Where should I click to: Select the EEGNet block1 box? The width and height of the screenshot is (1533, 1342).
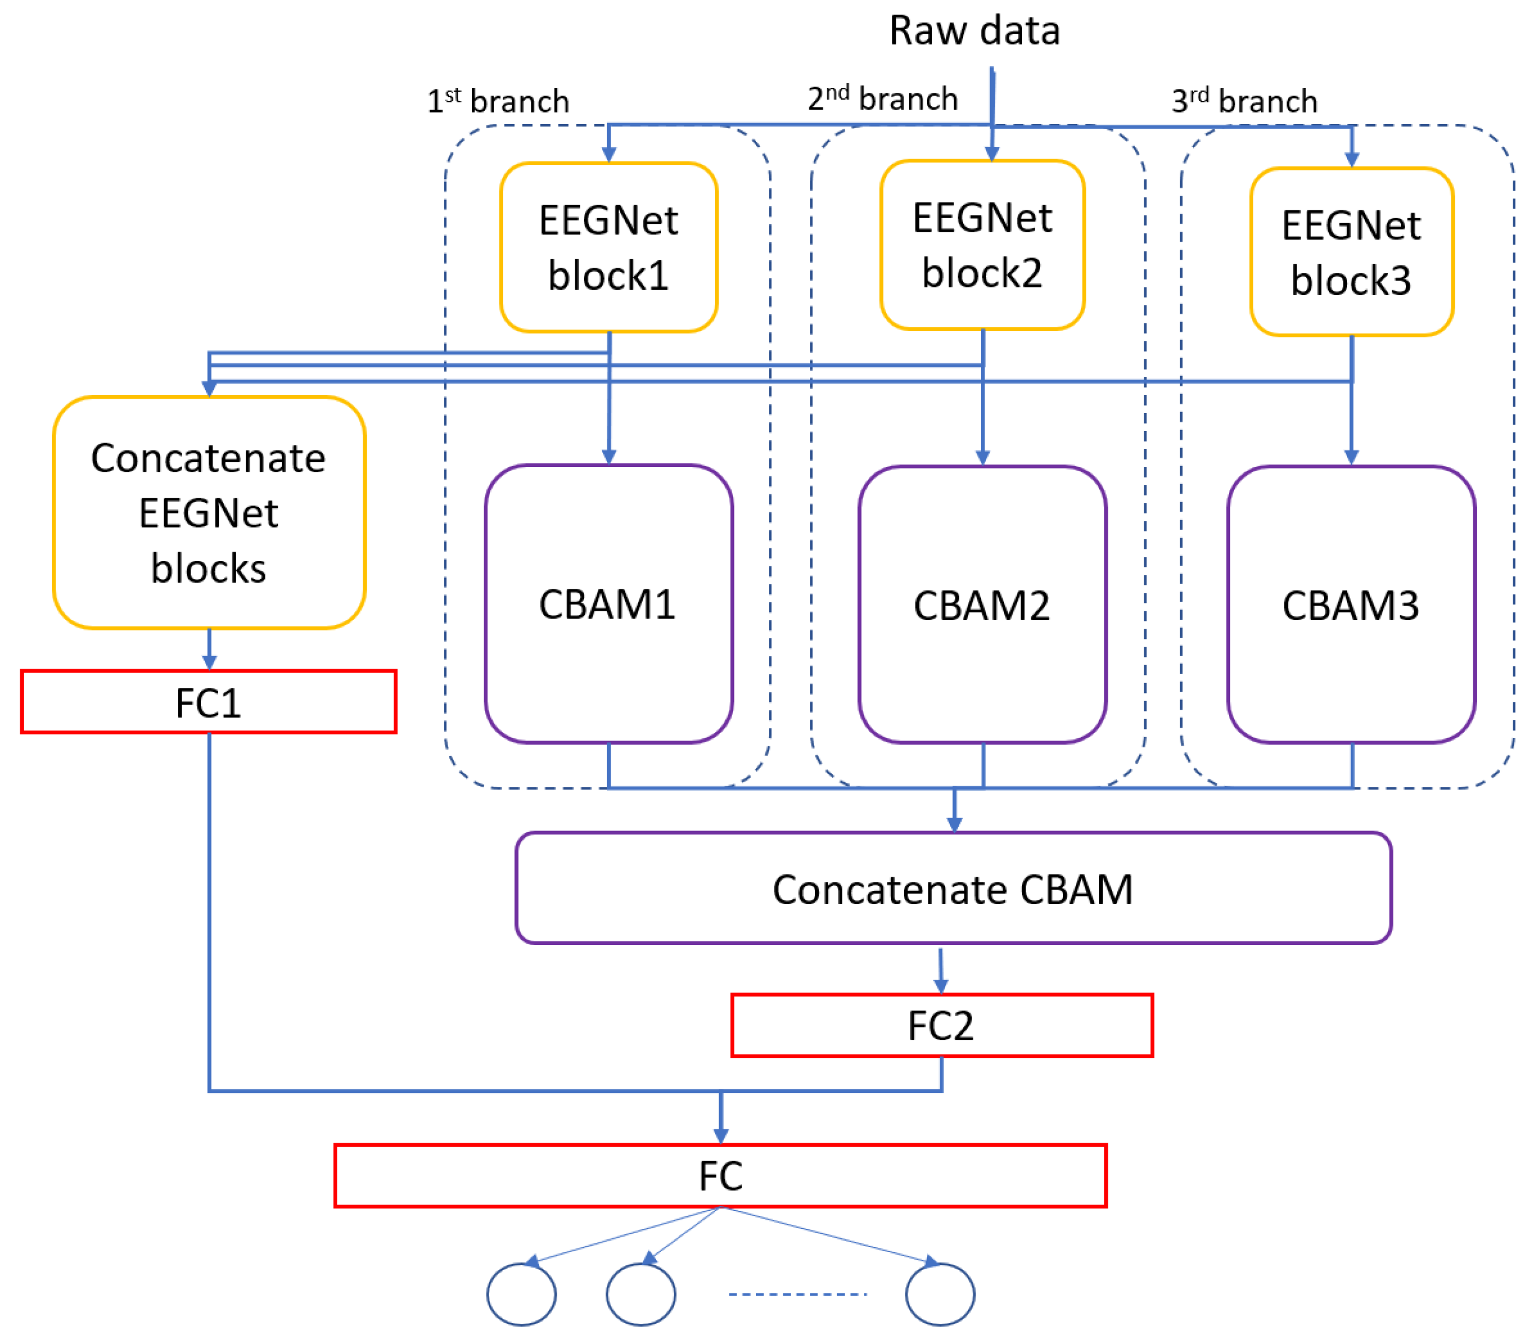pos(608,247)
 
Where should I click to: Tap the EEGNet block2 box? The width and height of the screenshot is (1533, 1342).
pos(982,245)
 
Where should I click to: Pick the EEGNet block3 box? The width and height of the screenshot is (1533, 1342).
pos(1351,253)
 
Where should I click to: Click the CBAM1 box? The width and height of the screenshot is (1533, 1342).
pos(608,604)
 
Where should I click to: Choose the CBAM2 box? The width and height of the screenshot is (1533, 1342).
pos(982,604)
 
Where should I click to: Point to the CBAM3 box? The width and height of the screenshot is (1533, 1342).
pos(1351,604)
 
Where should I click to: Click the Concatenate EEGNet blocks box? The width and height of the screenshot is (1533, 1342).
pos(209,513)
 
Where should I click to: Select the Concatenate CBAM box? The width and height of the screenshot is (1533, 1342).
pos(952,888)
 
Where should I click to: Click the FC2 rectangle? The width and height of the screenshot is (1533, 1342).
pos(941,1025)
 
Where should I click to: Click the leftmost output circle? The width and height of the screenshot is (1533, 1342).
pos(521,1294)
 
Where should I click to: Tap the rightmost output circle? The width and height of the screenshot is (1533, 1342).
pos(939,1294)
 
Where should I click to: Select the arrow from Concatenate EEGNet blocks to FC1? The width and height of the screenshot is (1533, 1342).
pos(209,648)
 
